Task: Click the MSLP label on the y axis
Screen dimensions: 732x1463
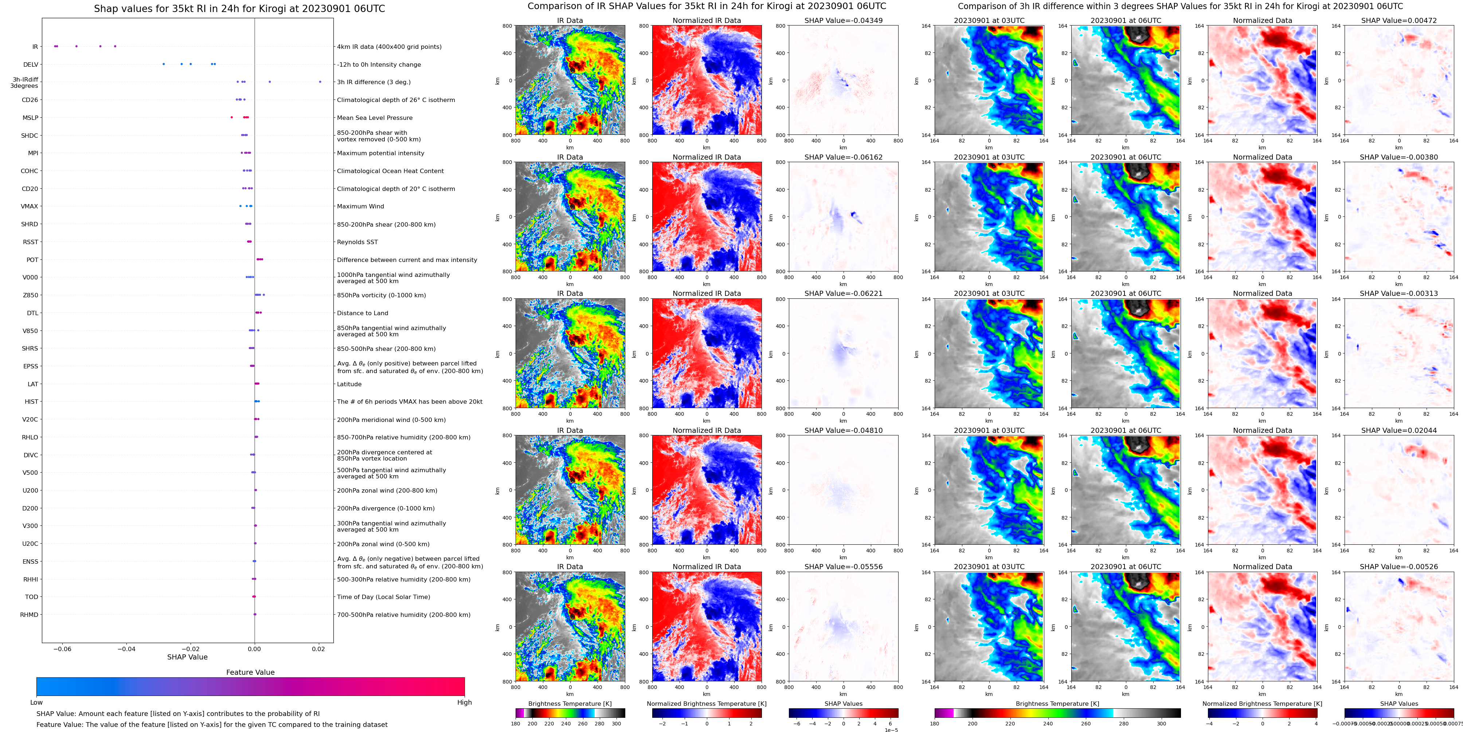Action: [30, 118]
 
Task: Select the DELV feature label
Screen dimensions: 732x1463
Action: [31, 65]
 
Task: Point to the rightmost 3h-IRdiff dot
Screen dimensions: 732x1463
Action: [320, 82]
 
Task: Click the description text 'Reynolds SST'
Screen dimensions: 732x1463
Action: [357, 242]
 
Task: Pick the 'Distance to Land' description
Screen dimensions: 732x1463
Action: [362, 313]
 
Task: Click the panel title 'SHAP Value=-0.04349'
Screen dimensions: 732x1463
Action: [844, 20]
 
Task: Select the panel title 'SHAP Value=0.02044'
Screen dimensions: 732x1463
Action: [1399, 430]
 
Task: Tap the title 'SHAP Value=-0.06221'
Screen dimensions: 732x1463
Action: [844, 294]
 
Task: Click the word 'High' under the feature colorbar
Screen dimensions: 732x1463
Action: [465, 702]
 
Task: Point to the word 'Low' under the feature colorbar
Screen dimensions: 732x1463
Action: [36, 702]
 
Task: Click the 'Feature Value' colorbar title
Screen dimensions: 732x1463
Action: [250, 672]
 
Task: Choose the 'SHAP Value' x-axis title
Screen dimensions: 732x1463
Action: [187, 657]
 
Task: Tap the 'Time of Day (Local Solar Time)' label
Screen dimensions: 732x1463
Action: [383, 597]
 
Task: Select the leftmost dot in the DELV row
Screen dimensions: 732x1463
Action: [164, 64]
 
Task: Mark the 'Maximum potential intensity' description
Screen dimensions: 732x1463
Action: [380, 153]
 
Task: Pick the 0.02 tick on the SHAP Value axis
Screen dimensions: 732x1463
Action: [318, 649]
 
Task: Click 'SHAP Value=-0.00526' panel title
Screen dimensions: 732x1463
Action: [1399, 567]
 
